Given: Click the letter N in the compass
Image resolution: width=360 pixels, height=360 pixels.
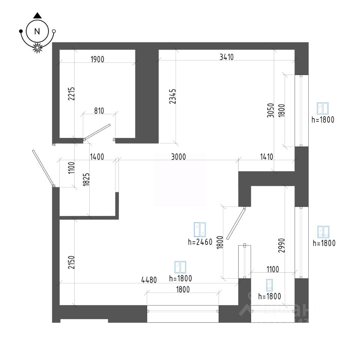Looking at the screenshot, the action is point(37,31).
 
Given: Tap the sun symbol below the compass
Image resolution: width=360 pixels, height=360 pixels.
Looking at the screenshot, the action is point(37,48).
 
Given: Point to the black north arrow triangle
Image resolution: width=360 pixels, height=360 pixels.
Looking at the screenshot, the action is point(37,16).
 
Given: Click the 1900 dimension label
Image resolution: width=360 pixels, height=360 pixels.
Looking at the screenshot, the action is point(97,59).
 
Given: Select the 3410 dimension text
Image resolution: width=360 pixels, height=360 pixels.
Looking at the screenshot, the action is point(226,57).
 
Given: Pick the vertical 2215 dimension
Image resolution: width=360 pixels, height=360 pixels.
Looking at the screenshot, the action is point(71,93).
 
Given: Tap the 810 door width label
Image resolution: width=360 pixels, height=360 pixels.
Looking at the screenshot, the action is point(99,111).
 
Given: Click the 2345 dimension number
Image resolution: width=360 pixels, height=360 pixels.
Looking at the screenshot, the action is point(172,96).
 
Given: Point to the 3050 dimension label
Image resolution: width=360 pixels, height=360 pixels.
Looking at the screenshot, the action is point(271,110).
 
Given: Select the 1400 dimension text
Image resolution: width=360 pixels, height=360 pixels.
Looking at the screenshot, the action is point(97,157).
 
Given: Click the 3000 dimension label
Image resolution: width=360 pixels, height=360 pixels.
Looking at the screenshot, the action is point(178,157).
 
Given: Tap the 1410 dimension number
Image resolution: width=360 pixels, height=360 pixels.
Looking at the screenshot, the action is point(267,157).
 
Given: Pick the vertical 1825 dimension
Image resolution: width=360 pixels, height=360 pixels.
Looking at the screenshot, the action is point(86,179).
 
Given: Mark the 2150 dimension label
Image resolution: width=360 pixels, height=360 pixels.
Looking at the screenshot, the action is point(71,262).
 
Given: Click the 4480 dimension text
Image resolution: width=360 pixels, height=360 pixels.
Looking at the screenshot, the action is point(149,280).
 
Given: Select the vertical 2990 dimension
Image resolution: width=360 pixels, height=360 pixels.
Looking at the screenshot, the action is point(282,245).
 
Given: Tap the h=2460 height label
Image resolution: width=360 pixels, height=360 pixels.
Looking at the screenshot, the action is point(200,242).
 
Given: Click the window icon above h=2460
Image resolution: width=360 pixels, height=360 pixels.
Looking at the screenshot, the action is point(200,229).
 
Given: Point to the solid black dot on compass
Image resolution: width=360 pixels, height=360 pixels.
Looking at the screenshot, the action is point(21,31).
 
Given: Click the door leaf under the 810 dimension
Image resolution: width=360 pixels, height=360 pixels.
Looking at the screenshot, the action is point(97,132).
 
